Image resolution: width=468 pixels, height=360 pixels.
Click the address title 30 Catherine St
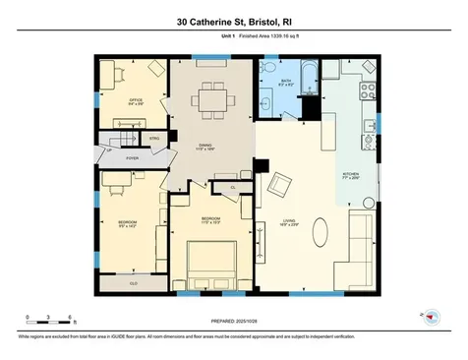click(x=233, y=21)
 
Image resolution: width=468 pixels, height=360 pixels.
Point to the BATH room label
click(x=285, y=82)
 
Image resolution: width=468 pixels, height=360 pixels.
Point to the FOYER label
click(x=132, y=157)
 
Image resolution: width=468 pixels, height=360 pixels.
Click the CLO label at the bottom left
click(x=133, y=282)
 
